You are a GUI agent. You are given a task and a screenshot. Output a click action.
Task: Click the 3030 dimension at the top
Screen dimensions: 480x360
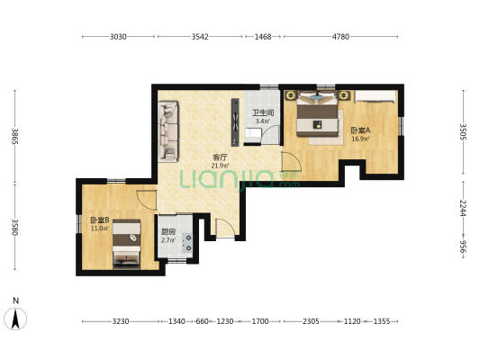(x=118, y=37)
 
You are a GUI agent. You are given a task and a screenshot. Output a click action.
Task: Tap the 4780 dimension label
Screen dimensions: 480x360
(x=340, y=37)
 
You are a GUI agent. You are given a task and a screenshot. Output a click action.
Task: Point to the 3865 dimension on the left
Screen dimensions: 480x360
(x=15, y=137)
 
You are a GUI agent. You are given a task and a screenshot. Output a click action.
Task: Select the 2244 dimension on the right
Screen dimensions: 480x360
(x=463, y=208)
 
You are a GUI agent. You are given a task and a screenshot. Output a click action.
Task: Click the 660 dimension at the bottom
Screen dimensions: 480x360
(x=202, y=321)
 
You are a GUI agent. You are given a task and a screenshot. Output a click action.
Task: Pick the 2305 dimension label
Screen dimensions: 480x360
(x=311, y=321)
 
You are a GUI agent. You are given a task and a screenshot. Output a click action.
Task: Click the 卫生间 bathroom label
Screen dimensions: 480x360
(x=263, y=112)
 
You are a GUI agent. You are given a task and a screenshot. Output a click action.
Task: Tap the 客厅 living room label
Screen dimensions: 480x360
(x=220, y=157)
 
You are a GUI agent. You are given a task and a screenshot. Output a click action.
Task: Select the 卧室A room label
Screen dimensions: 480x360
(x=360, y=130)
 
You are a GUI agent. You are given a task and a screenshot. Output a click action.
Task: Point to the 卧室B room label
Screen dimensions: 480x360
(x=100, y=220)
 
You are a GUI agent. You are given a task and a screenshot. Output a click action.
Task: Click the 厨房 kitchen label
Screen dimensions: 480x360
(x=168, y=232)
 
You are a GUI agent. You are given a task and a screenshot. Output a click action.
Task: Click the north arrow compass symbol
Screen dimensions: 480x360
(x=15, y=319)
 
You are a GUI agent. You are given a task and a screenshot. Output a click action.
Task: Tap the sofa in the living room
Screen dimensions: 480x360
(x=168, y=131)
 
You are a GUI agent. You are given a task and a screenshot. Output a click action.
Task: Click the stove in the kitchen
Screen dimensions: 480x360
(x=187, y=242)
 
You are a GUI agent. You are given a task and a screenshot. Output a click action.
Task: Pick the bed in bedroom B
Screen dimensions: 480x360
(x=127, y=244)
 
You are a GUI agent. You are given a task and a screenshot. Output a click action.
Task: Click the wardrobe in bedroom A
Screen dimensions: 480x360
(x=376, y=96)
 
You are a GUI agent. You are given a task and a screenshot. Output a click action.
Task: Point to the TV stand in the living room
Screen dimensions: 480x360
(x=235, y=122)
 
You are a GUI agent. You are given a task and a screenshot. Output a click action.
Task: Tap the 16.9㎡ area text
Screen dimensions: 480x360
(x=360, y=139)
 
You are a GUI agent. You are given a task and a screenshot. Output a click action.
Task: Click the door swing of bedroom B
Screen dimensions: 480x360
(x=147, y=200)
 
